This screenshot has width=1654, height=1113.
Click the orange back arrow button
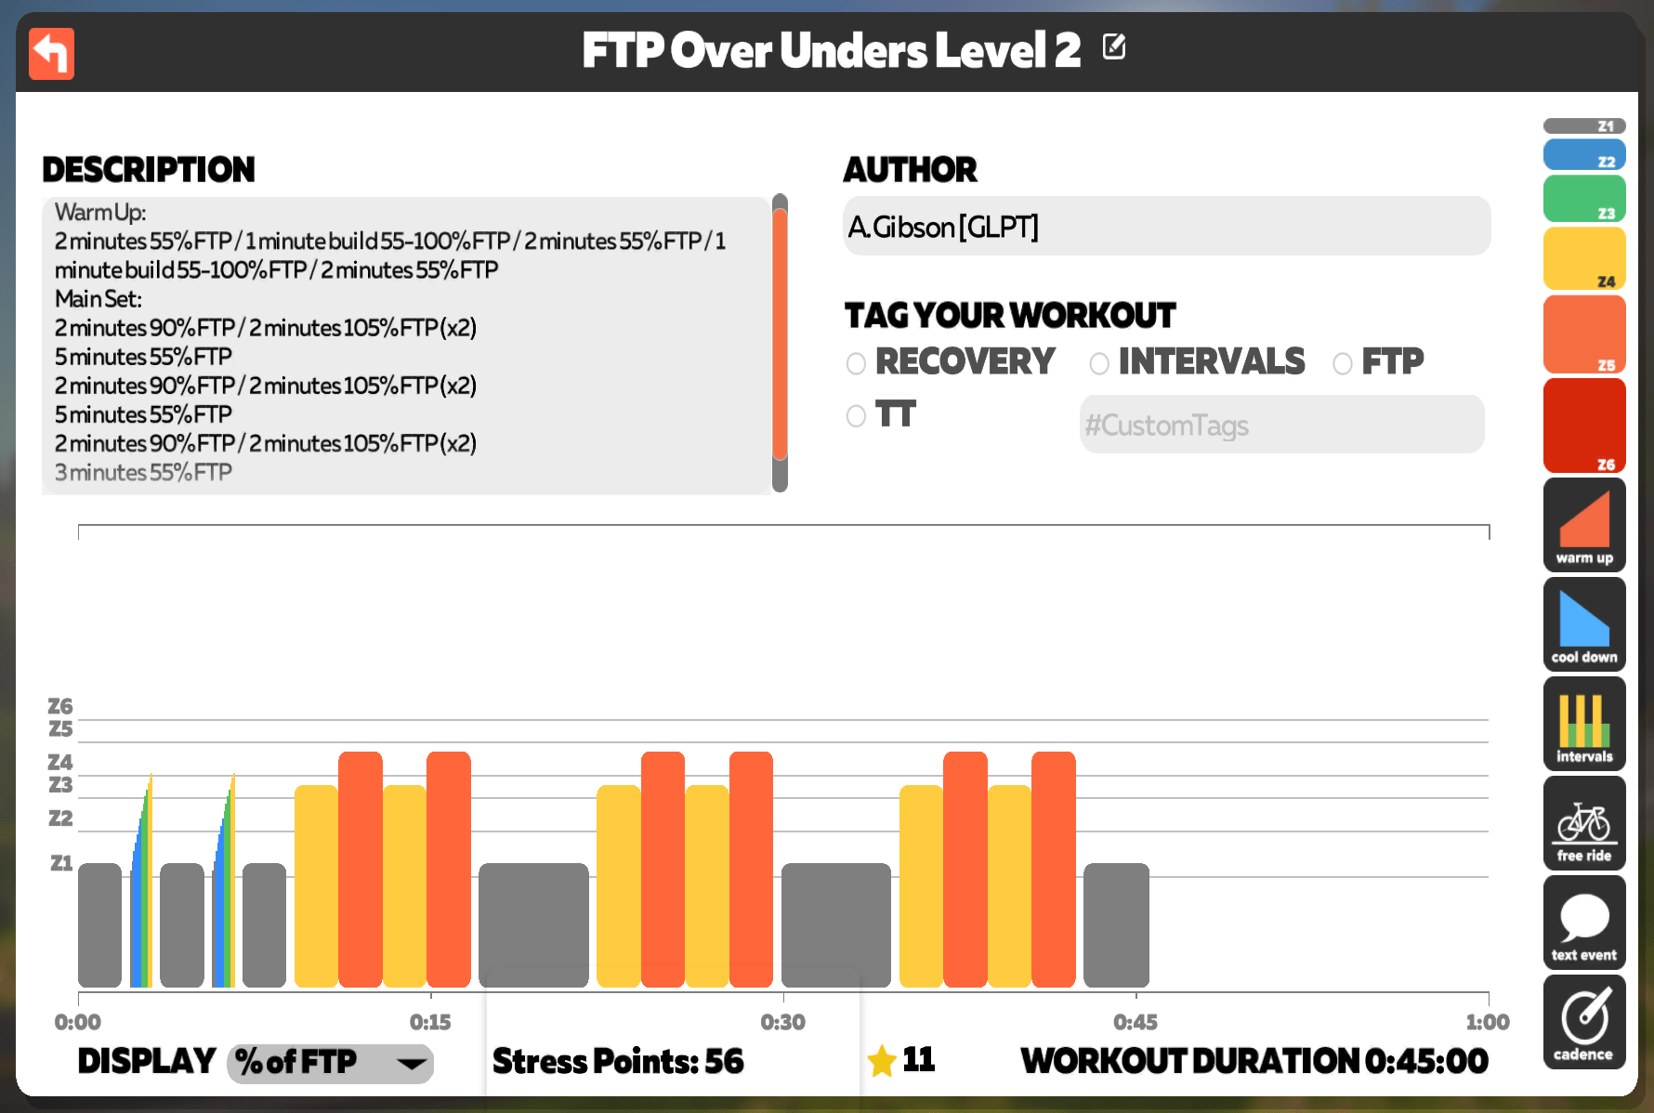coord(51,54)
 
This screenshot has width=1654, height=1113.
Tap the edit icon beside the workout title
coord(1114,46)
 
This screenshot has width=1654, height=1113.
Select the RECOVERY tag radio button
coord(856,363)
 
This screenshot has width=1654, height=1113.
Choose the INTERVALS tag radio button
coord(1099,363)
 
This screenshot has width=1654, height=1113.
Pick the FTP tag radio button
coord(1343,363)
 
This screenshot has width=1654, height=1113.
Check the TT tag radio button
coord(856,416)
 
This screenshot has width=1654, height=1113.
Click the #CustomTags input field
coord(1281,425)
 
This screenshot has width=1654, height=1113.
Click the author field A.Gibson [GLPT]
coord(1166,226)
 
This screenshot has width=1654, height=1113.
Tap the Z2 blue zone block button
coord(1584,154)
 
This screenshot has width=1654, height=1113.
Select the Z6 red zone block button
coord(1584,426)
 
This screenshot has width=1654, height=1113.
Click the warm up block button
coord(1584,525)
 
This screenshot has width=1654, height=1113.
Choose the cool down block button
coord(1584,624)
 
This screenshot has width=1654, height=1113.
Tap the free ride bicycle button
coord(1584,823)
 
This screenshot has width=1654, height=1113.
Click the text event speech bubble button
coord(1584,923)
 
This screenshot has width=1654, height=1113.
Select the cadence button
coord(1584,1022)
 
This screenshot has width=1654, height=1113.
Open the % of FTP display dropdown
coord(330,1063)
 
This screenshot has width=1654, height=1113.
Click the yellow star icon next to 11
coord(881,1061)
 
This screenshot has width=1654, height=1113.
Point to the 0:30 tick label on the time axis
coord(782,1023)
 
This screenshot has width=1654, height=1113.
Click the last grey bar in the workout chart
coord(1116,925)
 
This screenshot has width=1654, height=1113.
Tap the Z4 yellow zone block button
coord(1584,259)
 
